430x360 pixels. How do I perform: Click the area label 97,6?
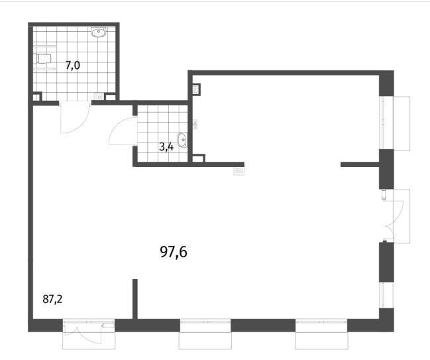click(x=174, y=252)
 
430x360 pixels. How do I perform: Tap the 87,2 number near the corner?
click(x=52, y=299)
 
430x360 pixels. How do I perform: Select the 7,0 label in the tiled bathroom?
click(x=73, y=66)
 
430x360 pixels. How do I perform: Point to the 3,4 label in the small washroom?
click(x=166, y=147)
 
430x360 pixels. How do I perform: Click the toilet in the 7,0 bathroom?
click(x=44, y=58)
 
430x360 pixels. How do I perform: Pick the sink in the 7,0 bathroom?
click(x=98, y=32)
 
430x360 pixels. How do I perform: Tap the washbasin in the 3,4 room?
click(x=182, y=140)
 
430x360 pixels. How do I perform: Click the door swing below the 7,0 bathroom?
click(x=75, y=117)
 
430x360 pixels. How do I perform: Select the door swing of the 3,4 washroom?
click(x=123, y=131)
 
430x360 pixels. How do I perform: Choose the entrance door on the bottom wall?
click(x=89, y=333)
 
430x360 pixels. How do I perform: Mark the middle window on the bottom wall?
click(x=205, y=333)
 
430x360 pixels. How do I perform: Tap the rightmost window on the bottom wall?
click(x=321, y=333)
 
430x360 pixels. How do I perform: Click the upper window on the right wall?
click(x=394, y=123)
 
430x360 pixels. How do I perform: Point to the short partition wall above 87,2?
click(x=135, y=299)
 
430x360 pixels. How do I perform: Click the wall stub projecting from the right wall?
click(x=360, y=164)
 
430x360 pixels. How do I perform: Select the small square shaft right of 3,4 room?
click(x=199, y=158)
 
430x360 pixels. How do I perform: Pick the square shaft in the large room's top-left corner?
click(x=197, y=90)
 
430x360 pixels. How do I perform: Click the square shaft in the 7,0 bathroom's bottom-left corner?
click(x=37, y=97)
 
